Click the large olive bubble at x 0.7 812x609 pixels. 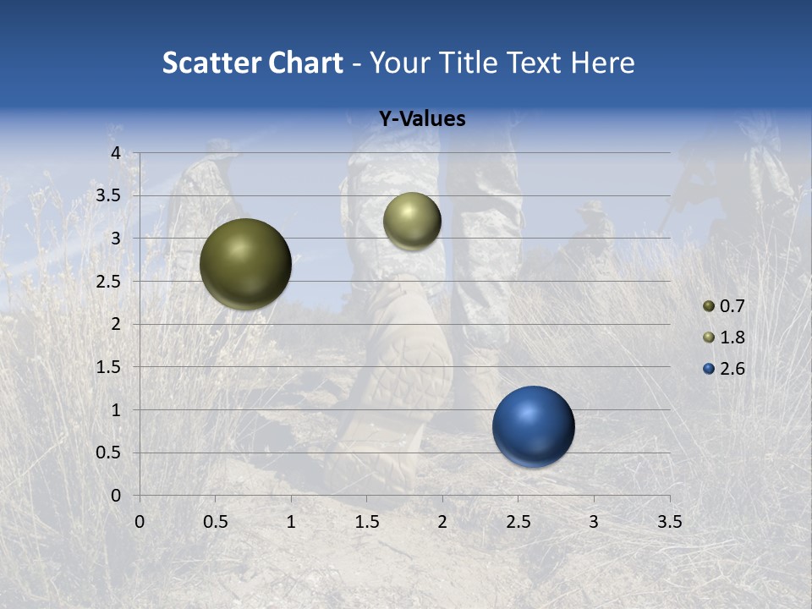coord(245,264)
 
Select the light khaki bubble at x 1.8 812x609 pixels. coord(412,221)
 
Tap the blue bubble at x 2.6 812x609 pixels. coord(533,426)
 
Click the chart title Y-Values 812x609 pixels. coord(422,119)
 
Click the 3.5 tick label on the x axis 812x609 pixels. coord(669,522)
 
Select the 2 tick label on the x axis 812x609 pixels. coord(442,522)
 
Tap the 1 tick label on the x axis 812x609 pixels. coord(291,522)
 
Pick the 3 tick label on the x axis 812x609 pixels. coord(594,522)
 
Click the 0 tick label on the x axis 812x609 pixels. coord(140,522)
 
